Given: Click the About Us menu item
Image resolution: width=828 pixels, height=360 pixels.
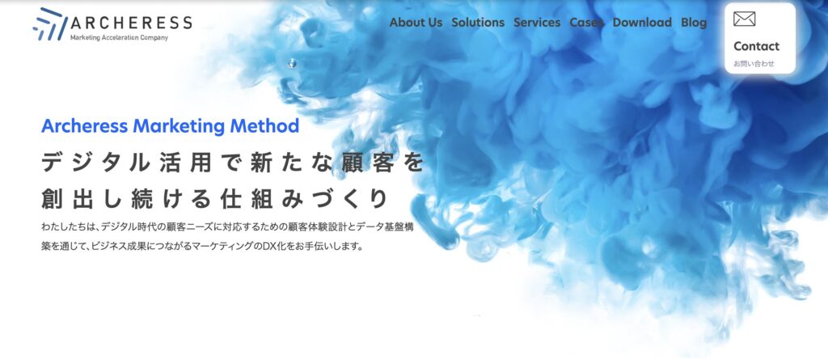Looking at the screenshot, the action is click(416, 23).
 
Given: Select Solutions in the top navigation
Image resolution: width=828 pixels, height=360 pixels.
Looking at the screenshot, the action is click(478, 23).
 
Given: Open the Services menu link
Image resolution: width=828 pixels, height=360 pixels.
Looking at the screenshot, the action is click(537, 23).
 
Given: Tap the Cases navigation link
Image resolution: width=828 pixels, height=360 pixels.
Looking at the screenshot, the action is click(586, 23).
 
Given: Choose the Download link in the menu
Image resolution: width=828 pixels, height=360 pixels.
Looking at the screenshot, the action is click(642, 23).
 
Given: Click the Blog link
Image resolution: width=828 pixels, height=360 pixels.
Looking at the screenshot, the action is click(694, 23).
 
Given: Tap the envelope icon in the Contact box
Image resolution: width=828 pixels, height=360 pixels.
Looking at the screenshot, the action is click(744, 19).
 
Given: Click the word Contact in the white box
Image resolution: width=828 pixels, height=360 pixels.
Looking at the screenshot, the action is click(756, 47).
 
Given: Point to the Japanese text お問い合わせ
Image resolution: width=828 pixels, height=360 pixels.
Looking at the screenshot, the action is click(754, 64).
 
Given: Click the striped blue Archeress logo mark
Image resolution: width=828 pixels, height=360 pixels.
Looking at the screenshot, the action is click(50, 24).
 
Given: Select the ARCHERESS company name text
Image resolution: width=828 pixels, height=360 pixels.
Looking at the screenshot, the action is click(131, 23).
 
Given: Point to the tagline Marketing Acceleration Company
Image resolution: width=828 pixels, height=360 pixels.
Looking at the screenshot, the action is click(119, 37).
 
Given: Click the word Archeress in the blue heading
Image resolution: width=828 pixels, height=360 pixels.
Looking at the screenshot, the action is click(84, 126).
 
